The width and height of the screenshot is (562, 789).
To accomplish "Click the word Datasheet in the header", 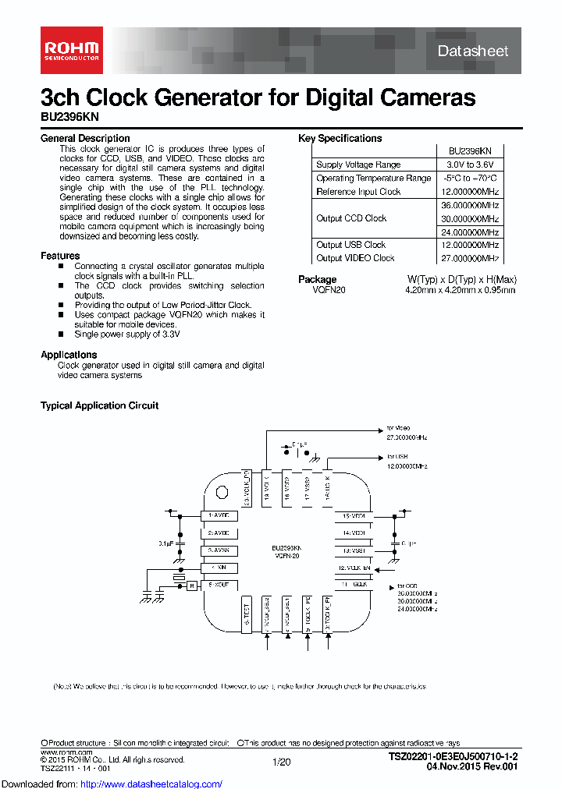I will click(x=472, y=51).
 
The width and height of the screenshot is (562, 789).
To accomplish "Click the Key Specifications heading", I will click(x=340, y=138).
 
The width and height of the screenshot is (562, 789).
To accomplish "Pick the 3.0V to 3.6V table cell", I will click(x=469, y=165).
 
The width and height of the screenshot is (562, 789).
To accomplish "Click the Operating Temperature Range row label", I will click(x=373, y=178).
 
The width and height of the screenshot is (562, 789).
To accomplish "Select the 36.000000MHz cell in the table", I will click(x=469, y=205).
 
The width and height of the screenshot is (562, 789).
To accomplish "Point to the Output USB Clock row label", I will click(x=350, y=245).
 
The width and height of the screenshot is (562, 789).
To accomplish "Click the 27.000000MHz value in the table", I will click(x=469, y=258).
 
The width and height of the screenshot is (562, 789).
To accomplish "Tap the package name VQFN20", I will click(x=329, y=290).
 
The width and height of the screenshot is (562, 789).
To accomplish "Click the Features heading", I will click(x=60, y=256).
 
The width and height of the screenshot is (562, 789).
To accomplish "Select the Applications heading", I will click(x=69, y=355).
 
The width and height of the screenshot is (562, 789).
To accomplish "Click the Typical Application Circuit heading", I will click(x=99, y=405).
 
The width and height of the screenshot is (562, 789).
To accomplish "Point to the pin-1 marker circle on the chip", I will click(x=222, y=492).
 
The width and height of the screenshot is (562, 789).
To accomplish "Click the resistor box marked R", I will click(x=191, y=585).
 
